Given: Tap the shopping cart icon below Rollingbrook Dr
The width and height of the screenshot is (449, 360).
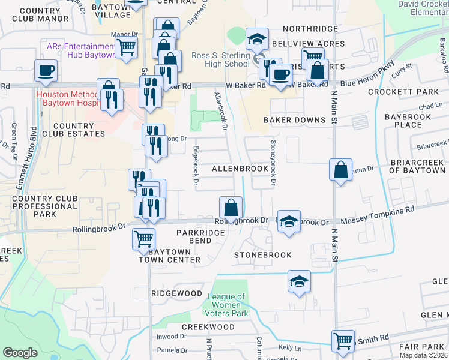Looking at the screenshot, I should [x=143, y=238].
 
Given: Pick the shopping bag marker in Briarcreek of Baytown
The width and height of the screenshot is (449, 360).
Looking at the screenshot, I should [x=340, y=170].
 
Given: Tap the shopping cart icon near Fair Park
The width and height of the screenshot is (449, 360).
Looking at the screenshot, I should [x=343, y=341].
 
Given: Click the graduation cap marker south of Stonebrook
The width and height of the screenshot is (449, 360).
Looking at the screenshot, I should [x=299, y=280].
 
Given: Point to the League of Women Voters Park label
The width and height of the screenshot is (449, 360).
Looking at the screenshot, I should [x=228, y=305].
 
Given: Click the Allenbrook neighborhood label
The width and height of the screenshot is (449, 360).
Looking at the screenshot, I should [x=240, y=169].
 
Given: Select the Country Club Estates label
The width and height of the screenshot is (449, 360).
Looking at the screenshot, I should [x=73, y=130].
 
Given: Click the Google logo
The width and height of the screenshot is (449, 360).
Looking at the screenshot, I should [x=20, y=353].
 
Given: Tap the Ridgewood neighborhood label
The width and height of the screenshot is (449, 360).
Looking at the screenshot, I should [x=176, y=293].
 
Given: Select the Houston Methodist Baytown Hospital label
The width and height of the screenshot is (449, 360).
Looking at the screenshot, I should [x=67, y=99].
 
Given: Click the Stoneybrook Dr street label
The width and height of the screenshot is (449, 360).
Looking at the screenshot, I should [x=273, y=162].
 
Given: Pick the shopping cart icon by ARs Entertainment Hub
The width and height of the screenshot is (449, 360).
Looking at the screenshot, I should [x=127, y=47].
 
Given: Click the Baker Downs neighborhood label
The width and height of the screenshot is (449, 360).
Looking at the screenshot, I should [x=294, y=120].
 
